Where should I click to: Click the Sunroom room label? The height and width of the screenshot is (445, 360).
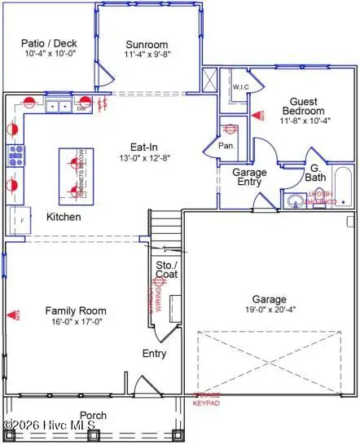pyautogui.click(x=147, y=45)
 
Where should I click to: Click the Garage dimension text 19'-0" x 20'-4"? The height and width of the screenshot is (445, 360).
pyautogui.click(x=268, y=309)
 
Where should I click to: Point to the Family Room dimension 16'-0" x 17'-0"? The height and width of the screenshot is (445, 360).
pyautogui.click(x=75, y=321)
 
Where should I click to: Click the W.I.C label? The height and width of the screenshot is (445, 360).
pyautogui.click(x=240, y=87)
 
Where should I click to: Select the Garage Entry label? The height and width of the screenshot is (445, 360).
pyautogui.click(x=250, y=178)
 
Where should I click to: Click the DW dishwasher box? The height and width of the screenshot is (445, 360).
pyautogui.click(x=81, y=107)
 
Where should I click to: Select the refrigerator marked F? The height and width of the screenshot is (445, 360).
pyautogui.click(x=19, y=219)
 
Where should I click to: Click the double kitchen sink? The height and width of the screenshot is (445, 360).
pyautogui.click(x=56, y=105)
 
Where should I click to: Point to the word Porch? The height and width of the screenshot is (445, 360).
pyautogui.click(x=94, y=415)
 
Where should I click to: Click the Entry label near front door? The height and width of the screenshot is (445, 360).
pyautogui.click(x=154, y=353)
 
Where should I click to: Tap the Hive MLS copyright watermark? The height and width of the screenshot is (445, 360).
pyautogui.click(x=48, y=425)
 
